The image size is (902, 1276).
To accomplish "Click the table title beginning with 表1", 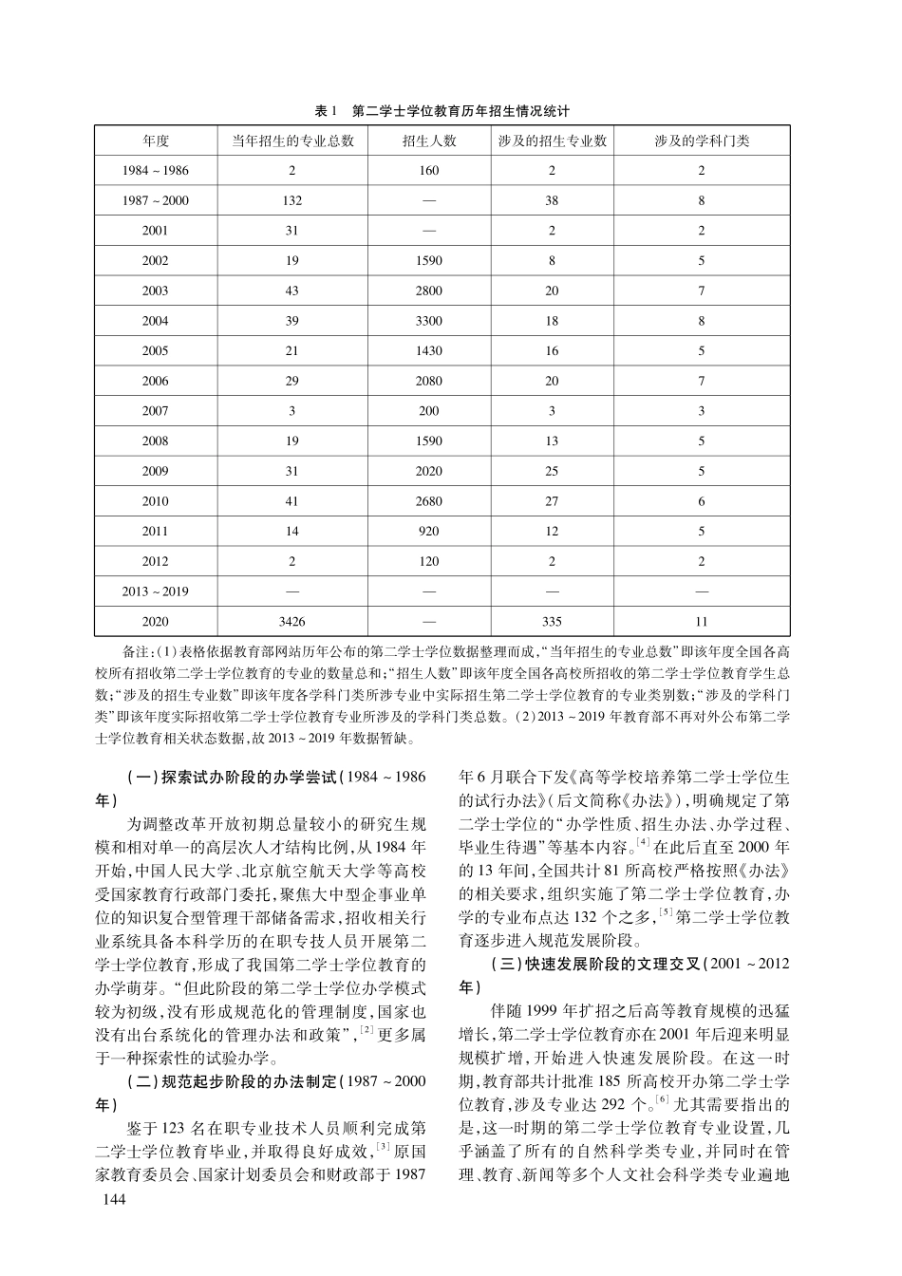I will point(442,110).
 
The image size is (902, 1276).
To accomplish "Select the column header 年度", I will point(156,141).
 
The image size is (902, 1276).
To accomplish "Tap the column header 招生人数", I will point(428,141).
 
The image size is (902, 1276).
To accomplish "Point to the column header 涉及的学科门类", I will point(702,141).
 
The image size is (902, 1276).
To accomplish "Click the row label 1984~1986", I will point(156,171).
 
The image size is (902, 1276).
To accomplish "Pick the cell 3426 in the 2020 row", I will point(291,621).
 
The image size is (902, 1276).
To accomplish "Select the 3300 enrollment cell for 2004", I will point(428,321).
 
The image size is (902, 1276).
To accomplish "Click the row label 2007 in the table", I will point(156,411).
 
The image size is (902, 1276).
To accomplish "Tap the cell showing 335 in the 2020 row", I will point(552,621).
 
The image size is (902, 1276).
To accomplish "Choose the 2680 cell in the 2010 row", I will point(428,501).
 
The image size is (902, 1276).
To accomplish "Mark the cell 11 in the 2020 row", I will point(702,621).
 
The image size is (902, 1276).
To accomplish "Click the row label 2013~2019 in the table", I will point(156,591).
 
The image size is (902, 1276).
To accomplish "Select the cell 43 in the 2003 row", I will point(291,291).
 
